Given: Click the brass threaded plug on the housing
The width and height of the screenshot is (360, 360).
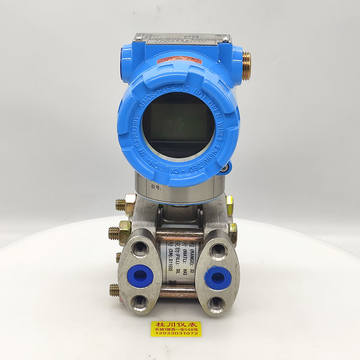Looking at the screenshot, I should (x=247, y=66).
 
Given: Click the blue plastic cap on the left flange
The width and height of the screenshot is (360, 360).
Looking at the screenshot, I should (x=140, y=276).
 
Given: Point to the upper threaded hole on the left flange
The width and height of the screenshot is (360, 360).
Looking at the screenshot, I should (x=140, y=249).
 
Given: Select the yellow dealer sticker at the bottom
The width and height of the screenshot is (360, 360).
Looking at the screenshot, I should (x=176, y=329).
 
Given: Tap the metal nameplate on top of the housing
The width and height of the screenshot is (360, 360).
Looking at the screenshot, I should (x=182, y=39).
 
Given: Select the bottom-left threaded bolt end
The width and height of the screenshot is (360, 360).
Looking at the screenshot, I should (x=114, y=289).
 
